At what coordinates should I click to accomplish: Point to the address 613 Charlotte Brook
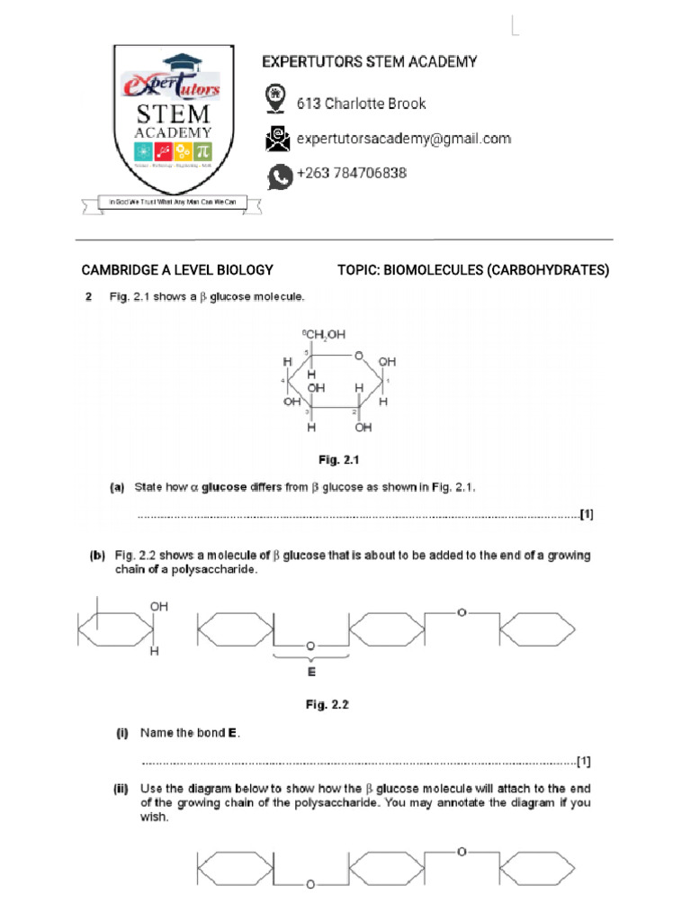361,104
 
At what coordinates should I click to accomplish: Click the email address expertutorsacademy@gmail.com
403,139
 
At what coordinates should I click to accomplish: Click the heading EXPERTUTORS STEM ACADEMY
369,62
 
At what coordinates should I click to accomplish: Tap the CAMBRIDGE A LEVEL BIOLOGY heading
177,270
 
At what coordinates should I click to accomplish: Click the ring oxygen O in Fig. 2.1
358,357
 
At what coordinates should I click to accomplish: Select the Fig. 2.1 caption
338,460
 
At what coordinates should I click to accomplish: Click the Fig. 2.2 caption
327,705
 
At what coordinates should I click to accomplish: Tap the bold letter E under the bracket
311,672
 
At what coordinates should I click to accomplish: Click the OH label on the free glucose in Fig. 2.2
158,608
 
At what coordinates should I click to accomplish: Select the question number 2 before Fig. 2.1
89,297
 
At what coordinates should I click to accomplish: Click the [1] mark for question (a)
586,515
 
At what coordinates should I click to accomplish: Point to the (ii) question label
121,789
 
